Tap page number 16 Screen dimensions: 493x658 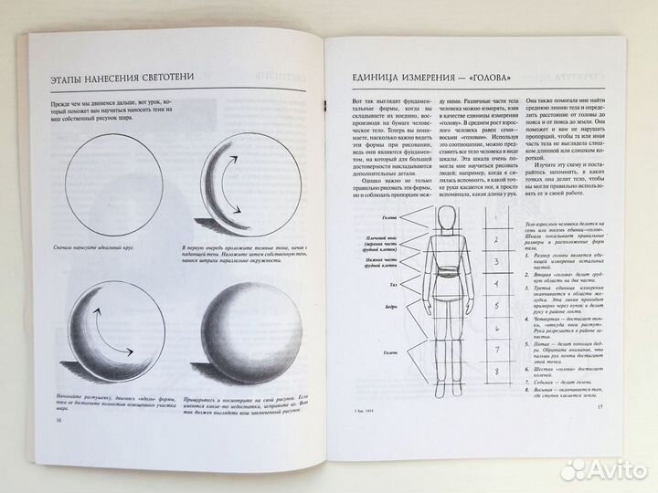34,421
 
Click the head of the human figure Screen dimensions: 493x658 444,217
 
